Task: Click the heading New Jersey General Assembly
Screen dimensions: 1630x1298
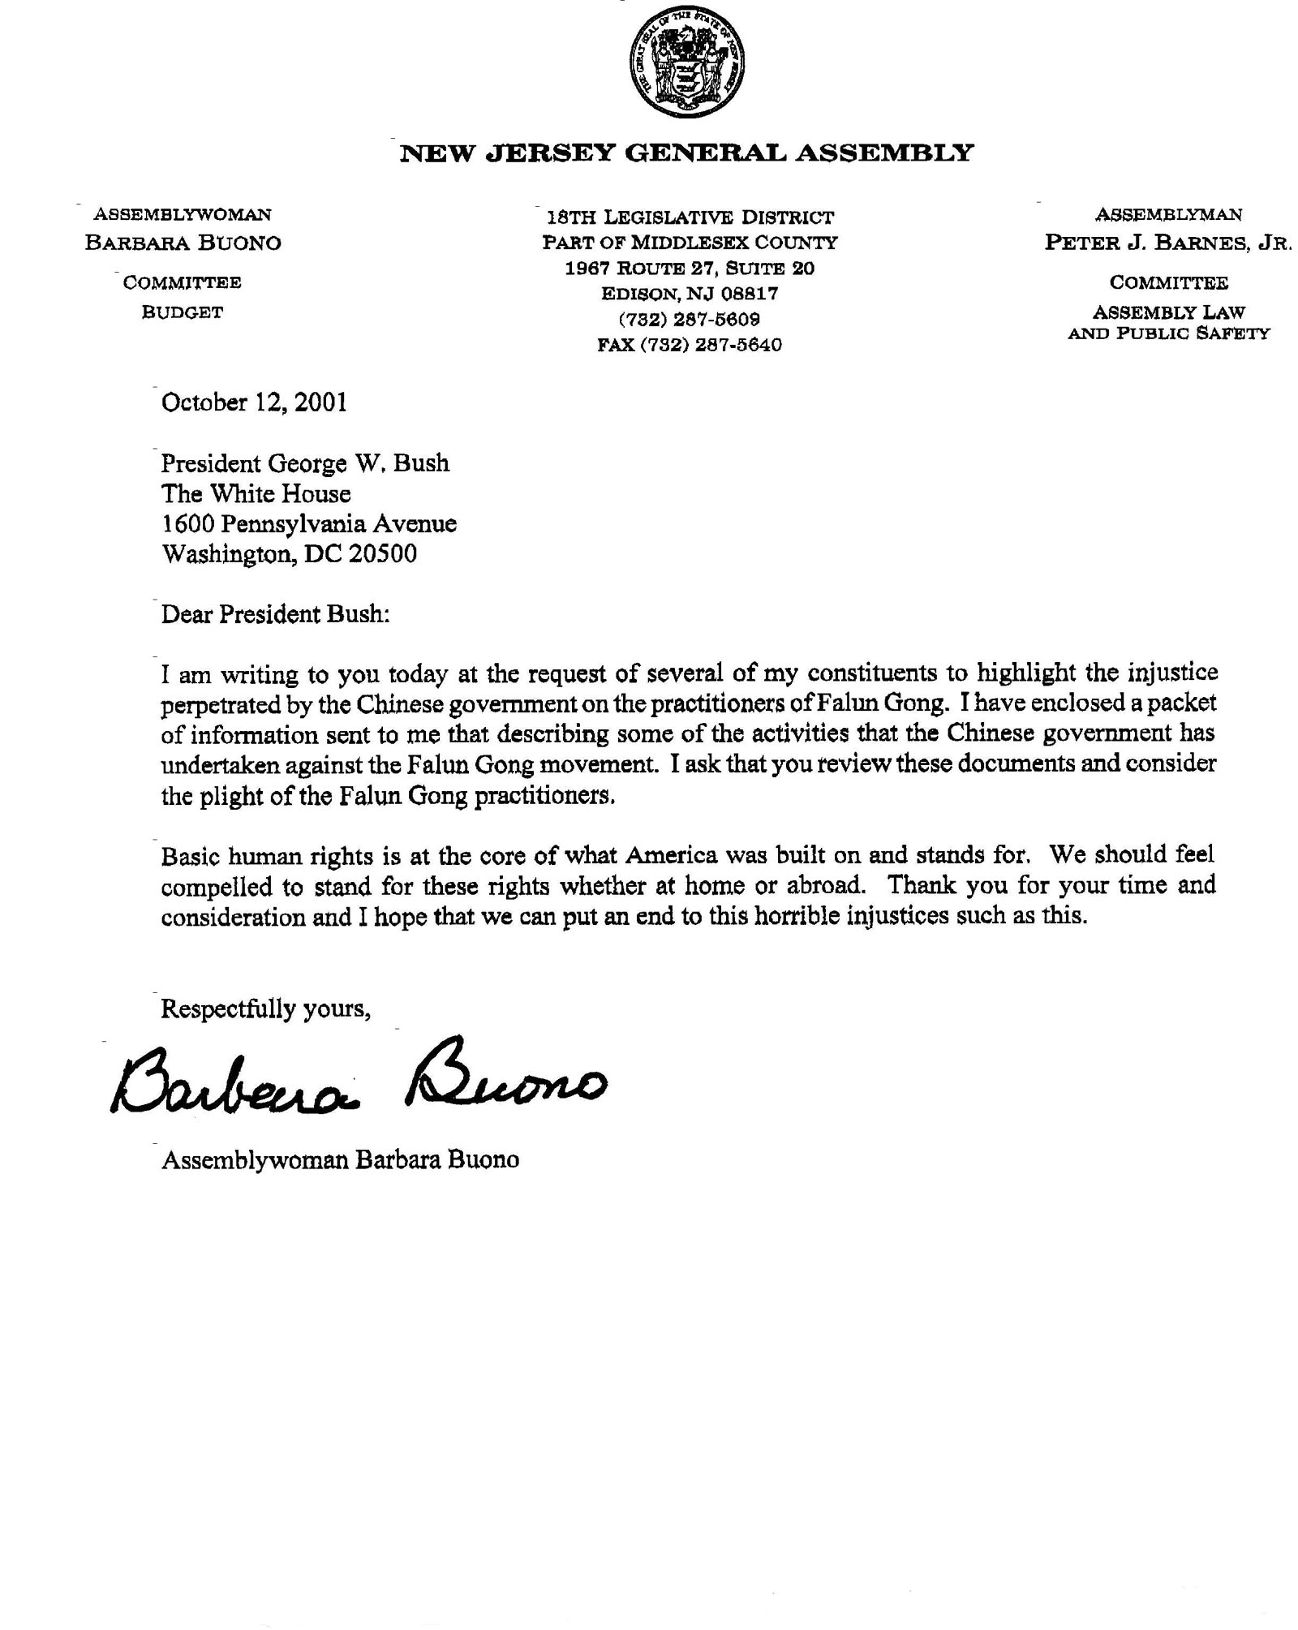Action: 686,153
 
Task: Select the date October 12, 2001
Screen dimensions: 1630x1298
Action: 254,403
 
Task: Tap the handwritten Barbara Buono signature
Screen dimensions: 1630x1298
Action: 357,1078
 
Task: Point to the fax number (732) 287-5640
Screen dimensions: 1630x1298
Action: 690,345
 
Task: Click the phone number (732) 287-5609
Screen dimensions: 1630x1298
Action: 689,319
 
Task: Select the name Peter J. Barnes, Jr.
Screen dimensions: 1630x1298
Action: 1167,243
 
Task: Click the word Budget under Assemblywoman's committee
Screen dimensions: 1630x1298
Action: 182,312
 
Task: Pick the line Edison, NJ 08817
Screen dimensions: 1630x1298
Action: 689,293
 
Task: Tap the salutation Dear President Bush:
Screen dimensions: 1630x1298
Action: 276,614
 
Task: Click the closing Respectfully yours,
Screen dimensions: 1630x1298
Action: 266,1009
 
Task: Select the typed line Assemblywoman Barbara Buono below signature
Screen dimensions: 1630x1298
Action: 340,1159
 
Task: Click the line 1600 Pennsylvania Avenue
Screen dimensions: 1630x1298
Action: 308,524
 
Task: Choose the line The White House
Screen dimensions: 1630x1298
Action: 256,494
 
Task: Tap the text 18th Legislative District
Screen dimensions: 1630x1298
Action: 690,217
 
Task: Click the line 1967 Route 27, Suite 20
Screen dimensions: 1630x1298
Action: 690,269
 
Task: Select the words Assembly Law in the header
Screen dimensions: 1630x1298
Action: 1168,312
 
